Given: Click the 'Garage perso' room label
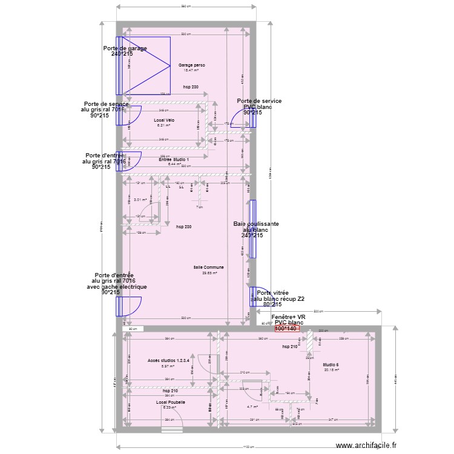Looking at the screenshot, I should tap(191, 65).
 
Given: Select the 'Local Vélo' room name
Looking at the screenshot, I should tap(163, 120).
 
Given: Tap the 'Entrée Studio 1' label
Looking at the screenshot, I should tap(174, 159).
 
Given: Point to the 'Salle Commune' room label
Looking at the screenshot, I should tap(209, 267).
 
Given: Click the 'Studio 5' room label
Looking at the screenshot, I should tap(331, 364).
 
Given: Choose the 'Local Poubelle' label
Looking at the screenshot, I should tap(170, 402).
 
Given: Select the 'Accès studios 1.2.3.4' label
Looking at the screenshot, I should tap(169, 361).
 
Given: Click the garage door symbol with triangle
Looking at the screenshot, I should tap(145, 65).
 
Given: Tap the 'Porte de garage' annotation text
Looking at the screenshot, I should tap(125, 48).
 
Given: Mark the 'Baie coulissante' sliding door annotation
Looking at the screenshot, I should tap(256, 224).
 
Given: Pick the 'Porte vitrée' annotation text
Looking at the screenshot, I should tap(272, 293).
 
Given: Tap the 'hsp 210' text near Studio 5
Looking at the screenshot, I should tap(290, 347).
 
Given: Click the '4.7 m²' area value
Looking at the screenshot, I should tap(252, 407).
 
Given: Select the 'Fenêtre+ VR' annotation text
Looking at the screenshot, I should tap(288, 317).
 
